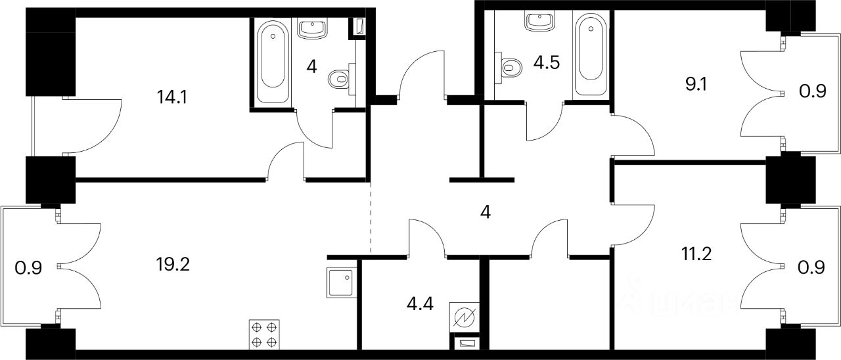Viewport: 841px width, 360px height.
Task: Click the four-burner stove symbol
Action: [x=264, y=334]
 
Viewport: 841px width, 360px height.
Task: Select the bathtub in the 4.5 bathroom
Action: [x=586, y=56]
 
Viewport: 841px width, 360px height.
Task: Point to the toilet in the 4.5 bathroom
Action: [x=510, y=66]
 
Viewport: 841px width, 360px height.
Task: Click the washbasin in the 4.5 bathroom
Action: [x=540, y=22]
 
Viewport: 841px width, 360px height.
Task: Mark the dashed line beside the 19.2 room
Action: [x=371, y=217]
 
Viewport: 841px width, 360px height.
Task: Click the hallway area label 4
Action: [x=486, y=212]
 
